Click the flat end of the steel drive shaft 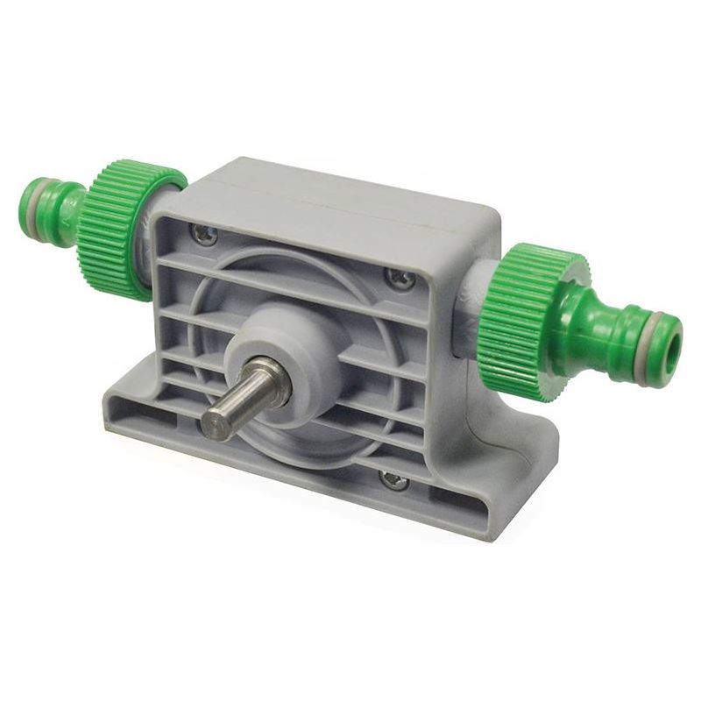[213, 424]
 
